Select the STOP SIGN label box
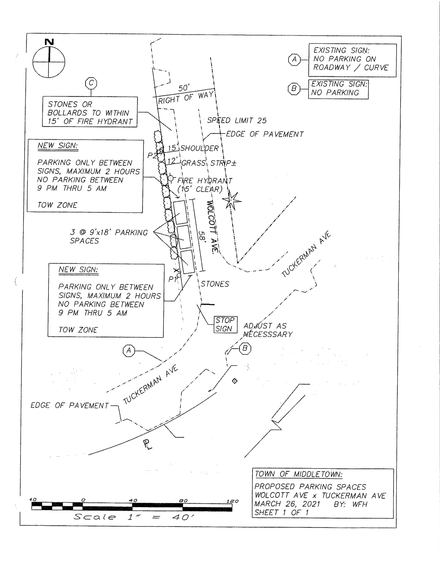pos(225,324)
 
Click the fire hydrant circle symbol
pos(171,178)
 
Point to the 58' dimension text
pos(202,237)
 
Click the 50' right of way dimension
pos(184,88)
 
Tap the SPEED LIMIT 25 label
pos(236,120)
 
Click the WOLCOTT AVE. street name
pos(212,227)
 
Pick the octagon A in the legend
pos(294,60)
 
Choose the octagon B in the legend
pos(294,89)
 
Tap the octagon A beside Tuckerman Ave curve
pos(129,351)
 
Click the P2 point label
pos(152,155)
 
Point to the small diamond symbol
pos(235,381)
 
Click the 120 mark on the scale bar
pos(232,501)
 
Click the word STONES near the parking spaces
pos(215,284)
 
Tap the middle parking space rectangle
pos(184,237)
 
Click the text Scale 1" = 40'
pos(133,517)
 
